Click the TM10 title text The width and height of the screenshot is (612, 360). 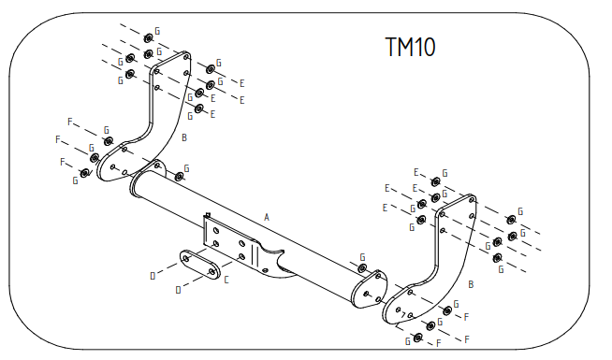(411, 47)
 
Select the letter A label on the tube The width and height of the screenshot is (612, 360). (267, 217)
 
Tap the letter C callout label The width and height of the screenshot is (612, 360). (226, 279)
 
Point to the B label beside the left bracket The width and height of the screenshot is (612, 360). (185, 137)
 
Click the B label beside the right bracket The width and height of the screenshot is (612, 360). (471, 282)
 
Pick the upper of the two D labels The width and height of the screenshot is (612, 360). (153, 276)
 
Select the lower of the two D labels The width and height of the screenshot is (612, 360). (178, 290)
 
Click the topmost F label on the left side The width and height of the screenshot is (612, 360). (70, 122)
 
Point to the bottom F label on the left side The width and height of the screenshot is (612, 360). (63, 162)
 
